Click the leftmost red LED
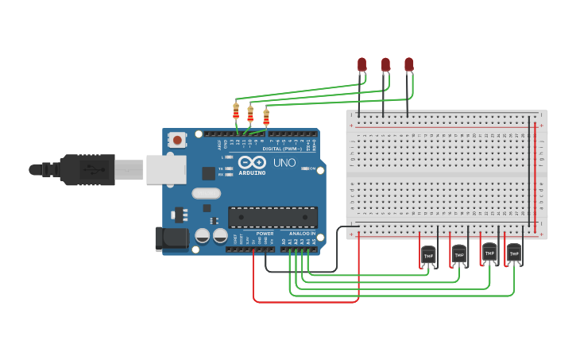point(361,64)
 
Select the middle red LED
point(385,64)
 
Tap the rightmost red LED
point(409,64)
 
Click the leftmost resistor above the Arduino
point(236,111)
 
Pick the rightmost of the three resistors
point(266,118)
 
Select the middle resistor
point(251,114)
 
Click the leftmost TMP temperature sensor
point(428,255)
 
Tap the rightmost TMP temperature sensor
point(514,254)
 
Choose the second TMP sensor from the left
point(459,254)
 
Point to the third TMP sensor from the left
point(489,253)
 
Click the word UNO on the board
point(284,163)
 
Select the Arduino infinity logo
point(251,161)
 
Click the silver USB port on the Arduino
point(166,169)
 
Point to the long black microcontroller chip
point(273,217)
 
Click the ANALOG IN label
point(302,234)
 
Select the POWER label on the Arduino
point(265,234)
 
